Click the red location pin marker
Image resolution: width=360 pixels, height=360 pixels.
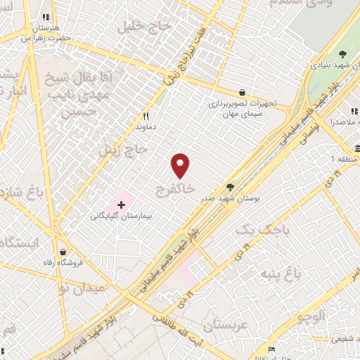(181, 166)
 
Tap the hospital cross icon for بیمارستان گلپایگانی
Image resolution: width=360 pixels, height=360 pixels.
(121, 205)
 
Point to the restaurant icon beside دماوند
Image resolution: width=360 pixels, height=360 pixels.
(146, 116)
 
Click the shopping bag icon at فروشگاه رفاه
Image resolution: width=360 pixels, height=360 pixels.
(63, 251)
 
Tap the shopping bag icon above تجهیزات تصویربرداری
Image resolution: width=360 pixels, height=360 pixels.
(242, 91)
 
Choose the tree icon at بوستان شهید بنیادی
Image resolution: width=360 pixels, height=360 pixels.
(342, 54)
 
